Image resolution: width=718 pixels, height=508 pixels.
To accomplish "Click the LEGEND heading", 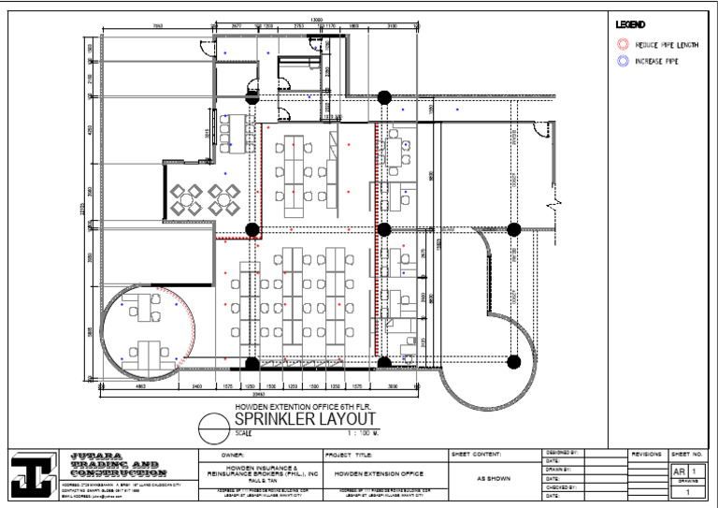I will (628, 23).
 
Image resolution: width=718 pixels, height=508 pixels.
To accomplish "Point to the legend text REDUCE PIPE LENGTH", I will (667, 44).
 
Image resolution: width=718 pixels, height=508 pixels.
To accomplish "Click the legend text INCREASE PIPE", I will (658, 61).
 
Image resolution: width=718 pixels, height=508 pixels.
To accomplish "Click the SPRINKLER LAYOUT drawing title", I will (296, 419).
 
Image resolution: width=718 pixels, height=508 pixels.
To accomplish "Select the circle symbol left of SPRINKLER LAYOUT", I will (213, 427).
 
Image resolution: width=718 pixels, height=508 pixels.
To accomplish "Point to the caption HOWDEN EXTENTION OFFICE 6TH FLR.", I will (296, 407).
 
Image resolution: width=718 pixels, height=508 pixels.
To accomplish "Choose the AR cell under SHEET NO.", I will (679, 472).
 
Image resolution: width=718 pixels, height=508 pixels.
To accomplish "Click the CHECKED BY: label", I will (560, 486).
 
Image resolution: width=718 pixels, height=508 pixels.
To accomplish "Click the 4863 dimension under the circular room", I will (139, 385).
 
